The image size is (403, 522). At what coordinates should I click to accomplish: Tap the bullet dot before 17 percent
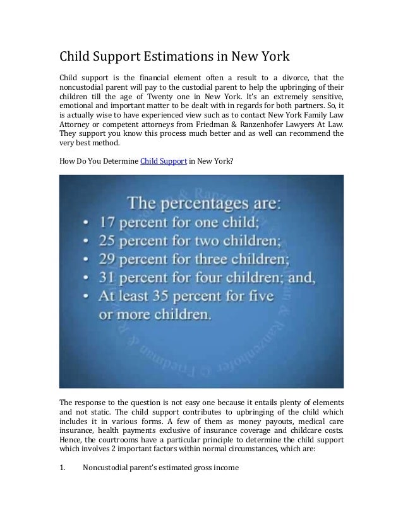[86, 223]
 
